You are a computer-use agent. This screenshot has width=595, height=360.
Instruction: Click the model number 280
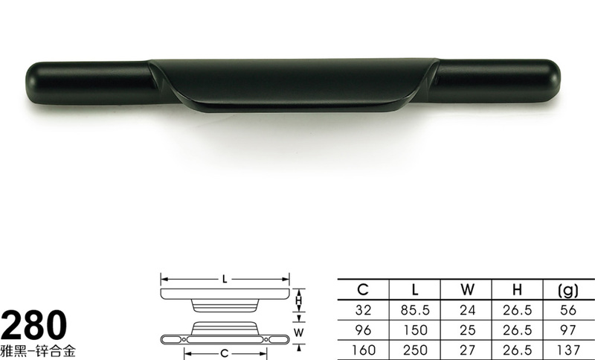[x=34, y=325]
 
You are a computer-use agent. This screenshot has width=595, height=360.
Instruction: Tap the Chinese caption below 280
[x=38, y=350]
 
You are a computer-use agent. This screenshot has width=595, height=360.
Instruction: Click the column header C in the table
[x=363, y=290]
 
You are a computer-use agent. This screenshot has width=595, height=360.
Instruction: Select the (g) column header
[x=568, y=291]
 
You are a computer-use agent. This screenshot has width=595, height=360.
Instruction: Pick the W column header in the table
[x=468, y=290]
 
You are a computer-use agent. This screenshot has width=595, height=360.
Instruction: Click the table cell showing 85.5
[x=415, y=310]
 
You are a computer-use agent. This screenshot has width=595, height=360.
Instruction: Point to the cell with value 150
[x=415, y=330]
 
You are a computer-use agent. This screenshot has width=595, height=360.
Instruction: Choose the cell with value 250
[x=415, y=350]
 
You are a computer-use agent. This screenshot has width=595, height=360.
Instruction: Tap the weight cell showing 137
[x=568, y=350]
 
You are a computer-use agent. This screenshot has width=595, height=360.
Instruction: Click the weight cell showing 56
[x=568, y=310]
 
